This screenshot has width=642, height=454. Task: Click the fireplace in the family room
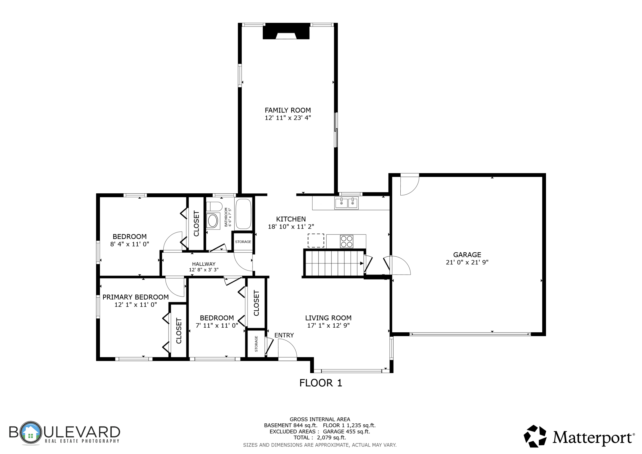[286, 31]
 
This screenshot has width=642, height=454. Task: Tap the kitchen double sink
[346, 203]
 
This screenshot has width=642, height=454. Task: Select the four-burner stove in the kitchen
[347, 241]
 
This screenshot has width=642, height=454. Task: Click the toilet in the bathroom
[214, 206]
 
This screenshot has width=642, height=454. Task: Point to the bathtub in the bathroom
[244, 214]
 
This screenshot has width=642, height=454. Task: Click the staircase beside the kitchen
[335, 263]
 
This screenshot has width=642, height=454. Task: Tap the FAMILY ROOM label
[288, 110]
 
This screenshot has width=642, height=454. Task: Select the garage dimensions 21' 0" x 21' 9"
[467, 262]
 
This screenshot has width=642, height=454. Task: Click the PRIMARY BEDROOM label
[135, 297]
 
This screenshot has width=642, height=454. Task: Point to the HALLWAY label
[204, 264]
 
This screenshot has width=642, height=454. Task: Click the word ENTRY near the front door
[284, 335]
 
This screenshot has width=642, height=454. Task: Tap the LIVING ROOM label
[328, 318]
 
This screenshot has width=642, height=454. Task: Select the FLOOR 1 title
[321, 383]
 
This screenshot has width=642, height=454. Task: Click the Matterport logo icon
[535, 436]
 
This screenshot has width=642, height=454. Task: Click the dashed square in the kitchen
[316, 241]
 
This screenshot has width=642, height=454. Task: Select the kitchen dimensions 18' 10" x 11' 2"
[291, 227]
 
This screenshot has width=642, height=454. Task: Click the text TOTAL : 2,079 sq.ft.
[320, 438]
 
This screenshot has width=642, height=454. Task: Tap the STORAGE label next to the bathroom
[243, 242]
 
